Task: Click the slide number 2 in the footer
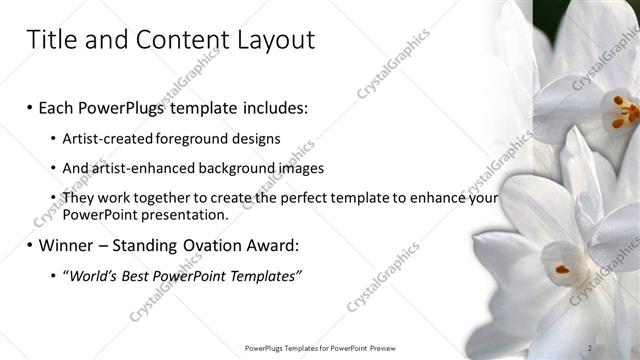click(591, 348)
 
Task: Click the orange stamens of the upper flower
click(621, 110)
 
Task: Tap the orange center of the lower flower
click(562, 269)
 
